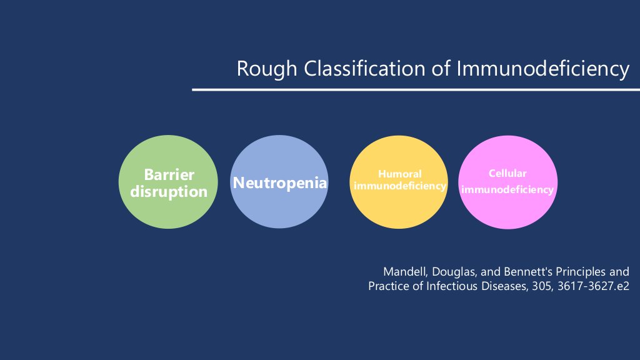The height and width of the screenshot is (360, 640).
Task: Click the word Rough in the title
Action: click(x=267, y=69)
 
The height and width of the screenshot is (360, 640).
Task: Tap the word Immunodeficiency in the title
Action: click(x=543, y=69)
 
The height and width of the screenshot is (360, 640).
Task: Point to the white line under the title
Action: click(x=416, y=89)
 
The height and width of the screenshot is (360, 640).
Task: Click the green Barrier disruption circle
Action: click(x=168, y=182)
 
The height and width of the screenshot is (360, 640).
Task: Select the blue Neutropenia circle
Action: click(x=279, y=182)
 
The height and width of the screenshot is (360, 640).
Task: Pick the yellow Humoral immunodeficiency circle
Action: click(x=398, y=182)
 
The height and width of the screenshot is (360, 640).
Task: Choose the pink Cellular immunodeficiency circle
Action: click(x=507, y=182)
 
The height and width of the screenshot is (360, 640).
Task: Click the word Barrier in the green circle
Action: click(x=169, y=175)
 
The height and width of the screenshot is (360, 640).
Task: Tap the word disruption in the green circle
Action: click(x=169, y=192)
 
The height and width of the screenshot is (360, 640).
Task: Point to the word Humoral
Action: click(x=399, y=174)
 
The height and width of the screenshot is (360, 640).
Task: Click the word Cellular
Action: click(x=507, y=174)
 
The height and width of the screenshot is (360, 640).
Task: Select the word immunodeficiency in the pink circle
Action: click(x=507, y=190)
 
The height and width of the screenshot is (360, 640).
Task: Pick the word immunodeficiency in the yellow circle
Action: click(x=399, y=186)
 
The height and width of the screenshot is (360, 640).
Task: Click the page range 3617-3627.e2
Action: click(x=593, y=286)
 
